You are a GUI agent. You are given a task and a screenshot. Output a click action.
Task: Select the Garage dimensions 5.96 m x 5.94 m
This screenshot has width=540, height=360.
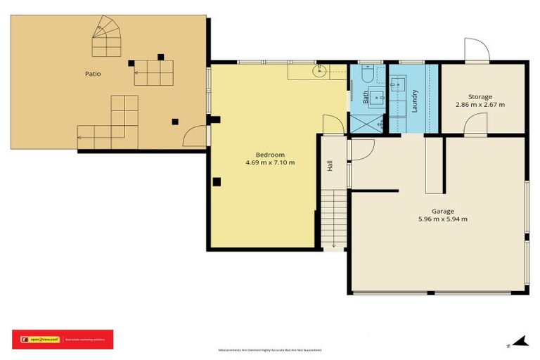[x=443, y=219]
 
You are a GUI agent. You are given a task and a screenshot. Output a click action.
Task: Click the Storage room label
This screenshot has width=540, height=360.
[x=480, y=96]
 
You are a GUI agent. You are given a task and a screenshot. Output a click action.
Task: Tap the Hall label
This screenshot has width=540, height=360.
[x=329, y=166]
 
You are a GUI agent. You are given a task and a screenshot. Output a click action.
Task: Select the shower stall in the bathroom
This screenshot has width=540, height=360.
[x=367, y=122]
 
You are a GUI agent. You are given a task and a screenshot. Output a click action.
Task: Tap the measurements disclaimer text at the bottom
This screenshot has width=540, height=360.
[x=270, y=349]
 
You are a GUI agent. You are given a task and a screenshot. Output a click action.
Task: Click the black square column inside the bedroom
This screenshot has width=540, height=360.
[x=217, y=182]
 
